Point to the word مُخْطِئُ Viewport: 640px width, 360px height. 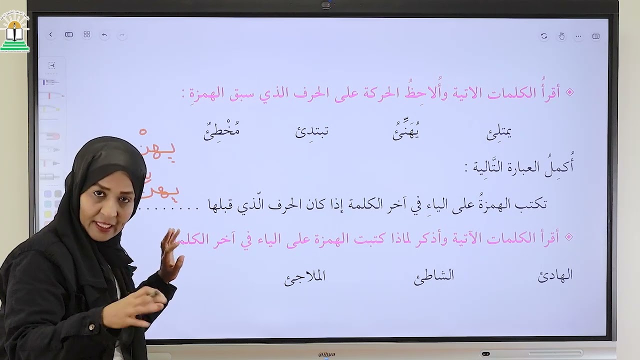tap(221, 132)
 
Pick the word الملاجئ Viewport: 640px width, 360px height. tap(304, 277)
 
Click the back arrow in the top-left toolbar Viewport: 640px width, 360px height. tap(50, 34)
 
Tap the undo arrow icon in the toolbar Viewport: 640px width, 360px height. tap(104, 35)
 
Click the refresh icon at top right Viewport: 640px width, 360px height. tap(544, 36)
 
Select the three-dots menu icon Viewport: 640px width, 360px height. tap(578, 36)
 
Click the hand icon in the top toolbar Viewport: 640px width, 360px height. tap(561, 36)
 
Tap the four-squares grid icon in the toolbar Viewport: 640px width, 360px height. tap(86, 34)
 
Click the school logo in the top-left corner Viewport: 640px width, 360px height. tap(15, 32)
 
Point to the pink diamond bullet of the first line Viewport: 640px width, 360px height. tap(568, 93)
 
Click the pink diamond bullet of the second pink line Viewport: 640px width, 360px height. tap(568, 237)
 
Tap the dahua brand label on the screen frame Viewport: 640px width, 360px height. tap(326, 354)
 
